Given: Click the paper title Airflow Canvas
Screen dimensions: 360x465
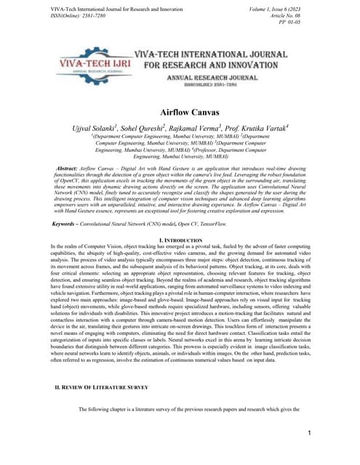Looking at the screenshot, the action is (180, 113).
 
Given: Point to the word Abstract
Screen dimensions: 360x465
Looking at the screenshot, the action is (69, 168).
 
